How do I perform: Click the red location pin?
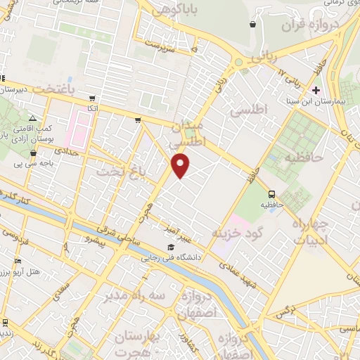[x=181, y=165]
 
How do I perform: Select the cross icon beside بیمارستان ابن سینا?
[x=316, y=90]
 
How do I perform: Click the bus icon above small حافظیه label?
[x=271, y=194]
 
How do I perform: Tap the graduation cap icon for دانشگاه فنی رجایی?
[x=172, y=247]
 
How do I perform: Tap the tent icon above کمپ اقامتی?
[x=33, y=118]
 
